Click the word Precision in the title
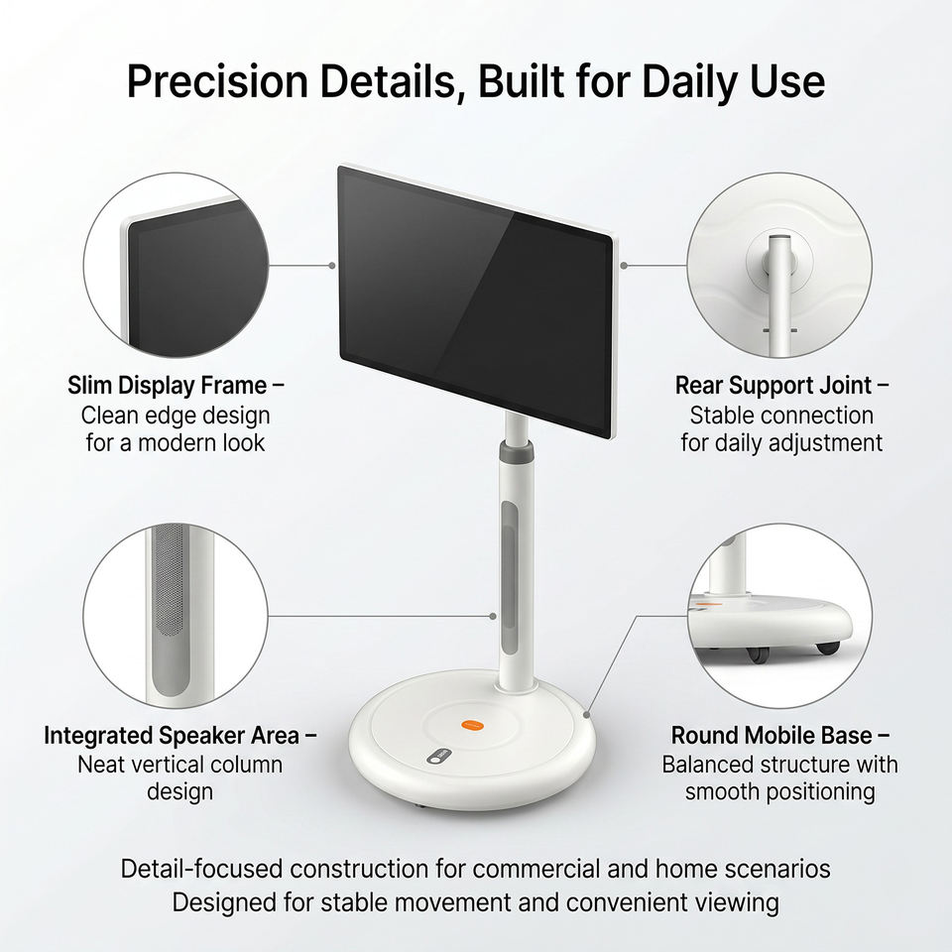[217, 80]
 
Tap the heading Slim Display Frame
[167, 386]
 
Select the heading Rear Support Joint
[773, 386]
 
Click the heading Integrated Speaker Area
[172, 735]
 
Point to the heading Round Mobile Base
[772, 735]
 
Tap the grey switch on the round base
[439, 756]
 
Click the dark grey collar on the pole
[516, 451]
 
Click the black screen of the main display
[475, 300]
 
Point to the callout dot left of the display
[331, 266]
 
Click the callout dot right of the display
[624, 266]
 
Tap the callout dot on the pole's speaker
[493, 616]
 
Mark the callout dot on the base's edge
[586, 714]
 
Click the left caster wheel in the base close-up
[757, 654]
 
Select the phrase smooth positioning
[779, 791]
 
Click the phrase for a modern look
[176, 442]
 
